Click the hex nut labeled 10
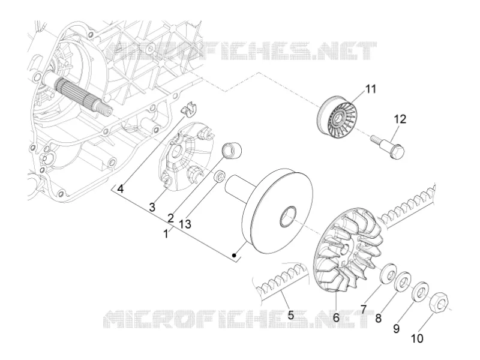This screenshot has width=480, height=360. tap(439, 304)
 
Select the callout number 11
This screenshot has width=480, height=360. tap(370, 89)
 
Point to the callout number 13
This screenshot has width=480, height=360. tap(185, 224)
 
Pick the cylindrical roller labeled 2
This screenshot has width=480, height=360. tap(232, 151)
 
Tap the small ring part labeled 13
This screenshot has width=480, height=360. tap(220, 177)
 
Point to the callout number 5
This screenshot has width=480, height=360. tap(290, 314)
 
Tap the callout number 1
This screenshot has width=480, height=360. tap(166, 235)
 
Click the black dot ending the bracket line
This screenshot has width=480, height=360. tap(234, 255)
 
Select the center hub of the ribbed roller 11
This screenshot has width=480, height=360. tap(338, 117)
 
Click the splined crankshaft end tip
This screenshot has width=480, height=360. tap(108, 110)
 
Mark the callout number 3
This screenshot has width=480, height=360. tap(152, 207)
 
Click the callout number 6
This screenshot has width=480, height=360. tap(336, 318)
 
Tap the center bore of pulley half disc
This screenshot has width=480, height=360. tap(288, 217)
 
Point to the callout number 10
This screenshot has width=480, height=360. tap(417, 338)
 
